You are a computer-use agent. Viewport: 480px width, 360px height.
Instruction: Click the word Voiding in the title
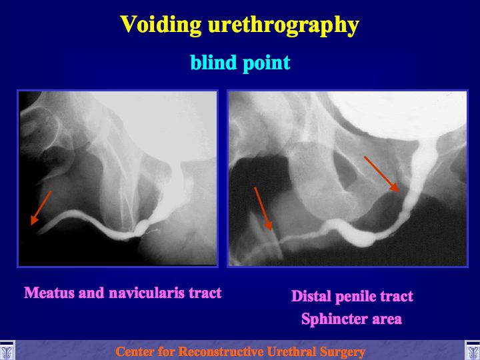[161, 25]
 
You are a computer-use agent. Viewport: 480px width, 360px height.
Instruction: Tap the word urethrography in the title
[283, 25]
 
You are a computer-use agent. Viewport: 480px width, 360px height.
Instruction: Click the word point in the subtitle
[267, 63]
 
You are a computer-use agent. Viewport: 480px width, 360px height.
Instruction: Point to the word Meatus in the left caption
[49, 293]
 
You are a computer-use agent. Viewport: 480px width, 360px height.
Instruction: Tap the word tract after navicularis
[205, 293]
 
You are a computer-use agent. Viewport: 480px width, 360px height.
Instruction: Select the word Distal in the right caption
[311, 296]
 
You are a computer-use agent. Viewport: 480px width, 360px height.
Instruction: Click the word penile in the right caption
[355, 297]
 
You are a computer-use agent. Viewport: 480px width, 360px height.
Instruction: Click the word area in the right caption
[387, 319]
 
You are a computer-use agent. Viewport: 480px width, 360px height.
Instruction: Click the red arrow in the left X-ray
[41, 208]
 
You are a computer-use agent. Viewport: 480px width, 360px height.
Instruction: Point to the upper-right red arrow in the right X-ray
[381, 174]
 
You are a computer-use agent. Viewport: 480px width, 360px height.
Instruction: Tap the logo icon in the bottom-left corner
[7, 351]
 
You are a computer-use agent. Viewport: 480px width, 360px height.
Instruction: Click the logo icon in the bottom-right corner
[473, 351]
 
